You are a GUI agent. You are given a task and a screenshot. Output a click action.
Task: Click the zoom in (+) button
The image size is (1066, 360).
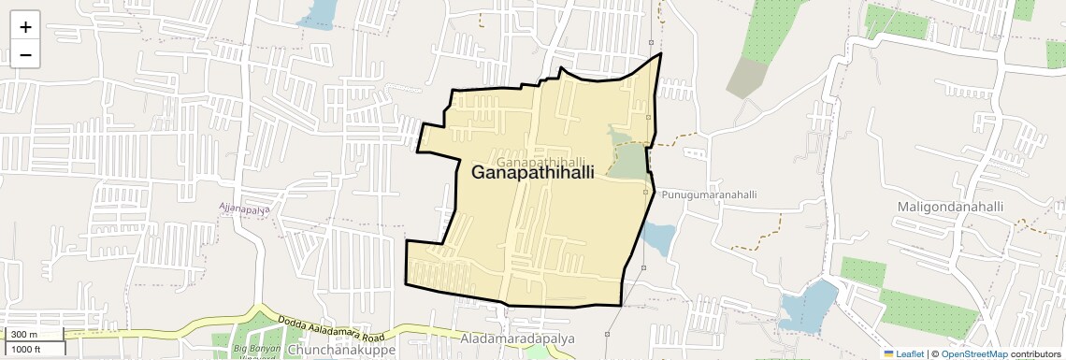point(25,27)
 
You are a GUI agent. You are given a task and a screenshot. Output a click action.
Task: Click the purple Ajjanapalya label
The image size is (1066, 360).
point(244,209)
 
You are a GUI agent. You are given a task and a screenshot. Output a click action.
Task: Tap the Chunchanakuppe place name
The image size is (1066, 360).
point(342,350)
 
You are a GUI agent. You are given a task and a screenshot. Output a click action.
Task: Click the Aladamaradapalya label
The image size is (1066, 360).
point(517,338)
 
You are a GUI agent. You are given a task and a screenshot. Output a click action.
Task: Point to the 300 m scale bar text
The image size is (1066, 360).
point(25,335)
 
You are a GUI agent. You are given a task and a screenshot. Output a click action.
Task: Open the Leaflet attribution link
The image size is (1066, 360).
point(903,353)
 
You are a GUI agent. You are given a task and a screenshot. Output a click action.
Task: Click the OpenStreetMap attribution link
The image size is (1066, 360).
point(973,353)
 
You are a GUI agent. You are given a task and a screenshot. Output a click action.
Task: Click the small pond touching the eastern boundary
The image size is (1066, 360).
point(656,238)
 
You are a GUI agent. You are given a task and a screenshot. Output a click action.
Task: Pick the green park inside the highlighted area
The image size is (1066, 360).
point(628,155)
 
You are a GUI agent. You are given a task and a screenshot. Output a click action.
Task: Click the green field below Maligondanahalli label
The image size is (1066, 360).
point(921,310)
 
